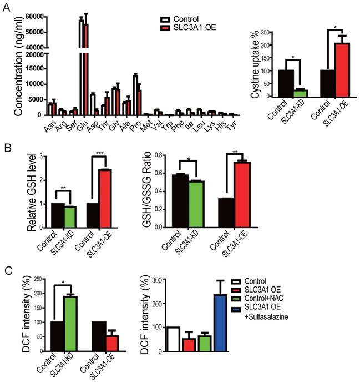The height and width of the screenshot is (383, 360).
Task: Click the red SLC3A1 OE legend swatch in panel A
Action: (163, 27)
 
